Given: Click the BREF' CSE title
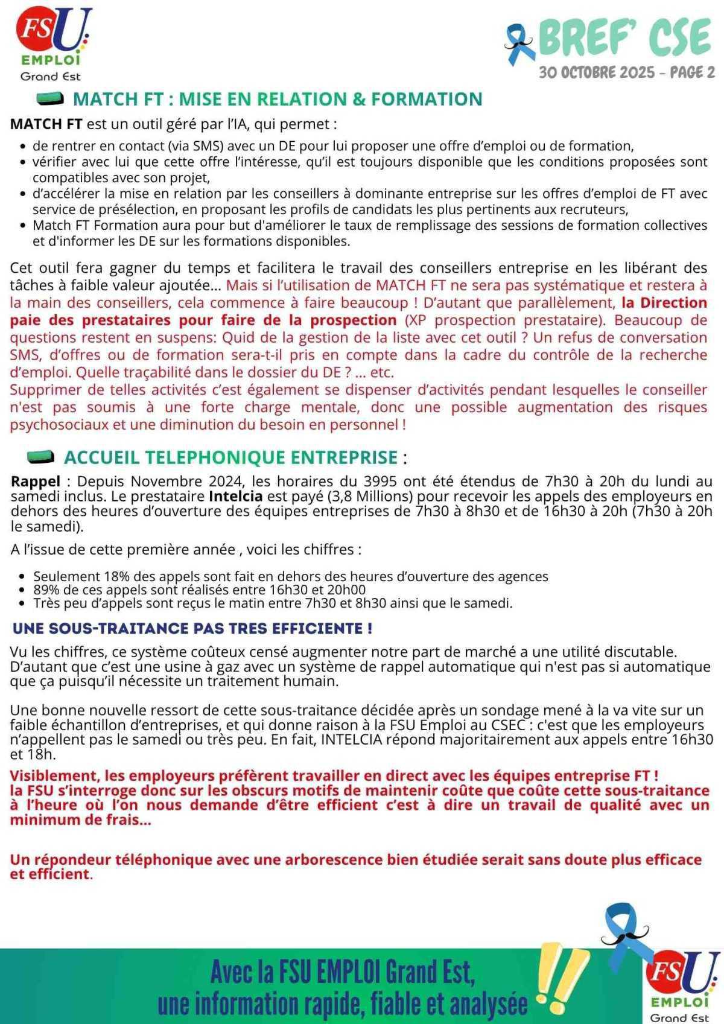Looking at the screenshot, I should click(624, 37).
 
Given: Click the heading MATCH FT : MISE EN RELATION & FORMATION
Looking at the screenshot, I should click(277, 99).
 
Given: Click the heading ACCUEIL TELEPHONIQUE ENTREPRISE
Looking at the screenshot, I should click(230, 457).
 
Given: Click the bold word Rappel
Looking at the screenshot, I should click(36, 481).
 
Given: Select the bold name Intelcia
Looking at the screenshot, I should click(235, 496).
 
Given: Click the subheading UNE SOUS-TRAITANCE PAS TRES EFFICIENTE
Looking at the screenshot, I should click(192, 628).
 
